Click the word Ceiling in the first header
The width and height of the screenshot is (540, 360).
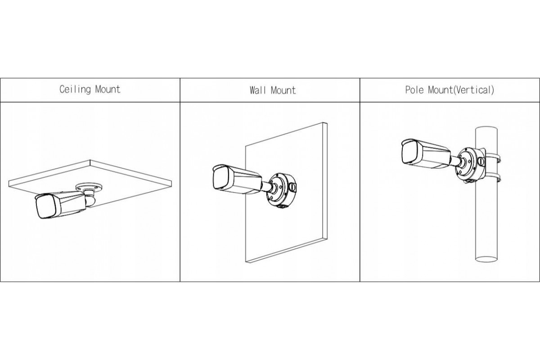tap(75, 90)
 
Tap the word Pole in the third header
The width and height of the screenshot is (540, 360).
tap(414, 90)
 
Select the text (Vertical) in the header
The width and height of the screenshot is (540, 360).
tap(474, 90)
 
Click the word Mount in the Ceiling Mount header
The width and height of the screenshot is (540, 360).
tap(108, 89)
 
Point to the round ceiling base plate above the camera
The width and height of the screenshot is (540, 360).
tap(89, 187)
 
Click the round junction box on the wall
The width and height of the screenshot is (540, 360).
tap(282, 191)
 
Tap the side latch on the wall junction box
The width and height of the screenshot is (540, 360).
tap(292, 187)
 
